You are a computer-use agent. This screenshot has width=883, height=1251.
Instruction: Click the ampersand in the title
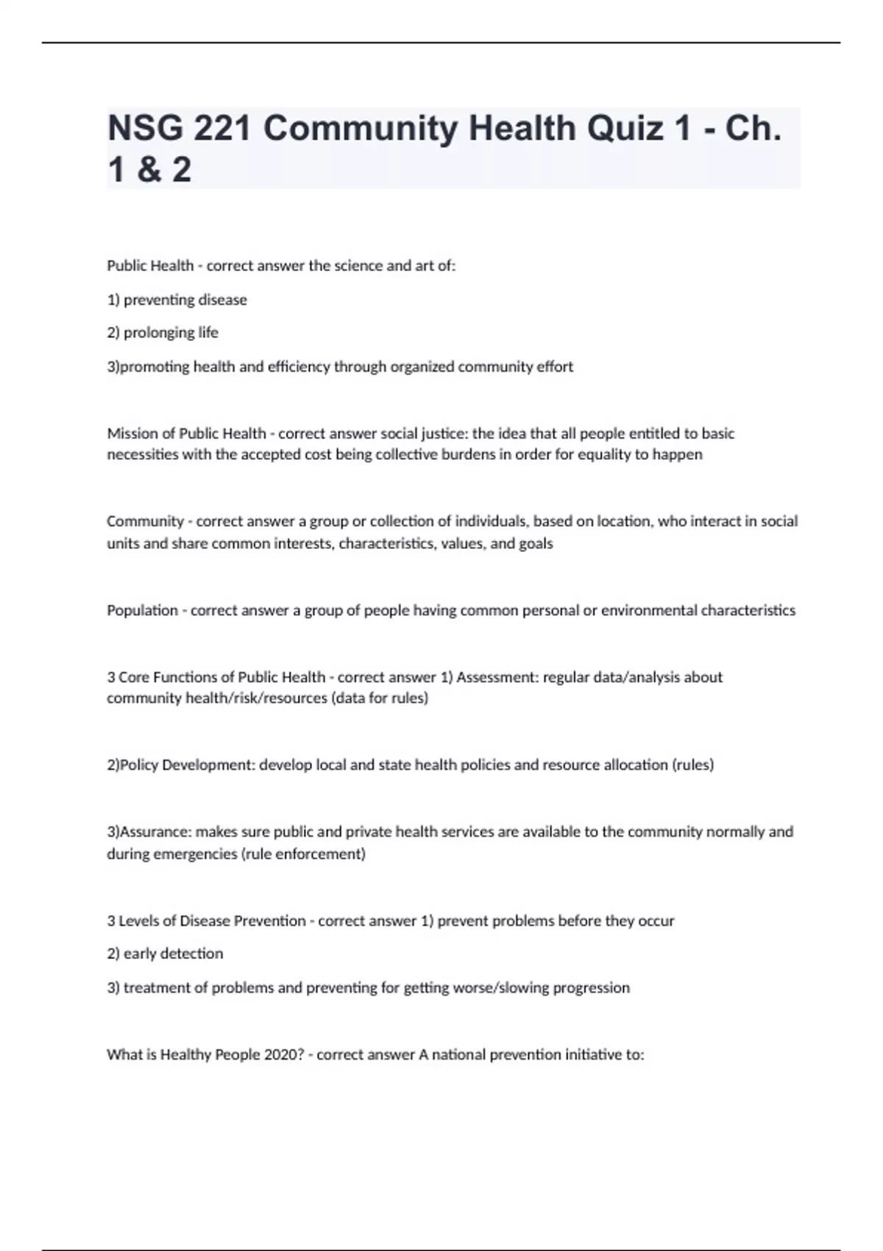click(x=149, y=170)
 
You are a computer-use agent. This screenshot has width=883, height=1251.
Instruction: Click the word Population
click(x=142, y=610)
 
